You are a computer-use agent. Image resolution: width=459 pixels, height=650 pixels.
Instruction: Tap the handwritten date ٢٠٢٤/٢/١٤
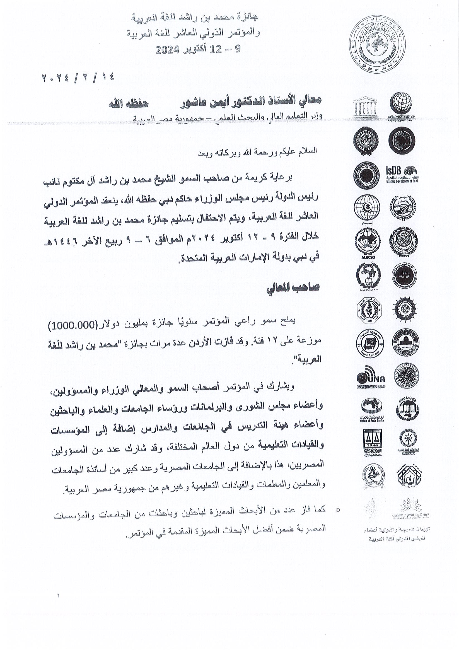(78, 77)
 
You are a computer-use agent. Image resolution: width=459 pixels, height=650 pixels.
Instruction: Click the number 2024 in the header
(168, 50)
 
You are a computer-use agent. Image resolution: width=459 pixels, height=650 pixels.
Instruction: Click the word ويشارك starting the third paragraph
(283, 386)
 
